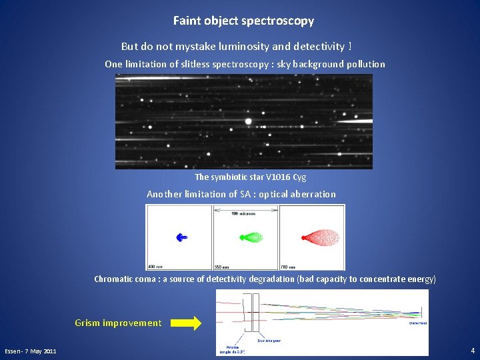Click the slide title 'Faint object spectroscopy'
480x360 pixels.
(243, 21)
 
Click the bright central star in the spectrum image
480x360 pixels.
(248, 121)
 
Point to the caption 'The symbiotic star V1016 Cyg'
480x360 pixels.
(250, 177)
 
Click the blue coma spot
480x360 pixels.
(181, 237)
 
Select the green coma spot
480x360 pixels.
(251, 237)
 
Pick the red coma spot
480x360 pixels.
(321, 237)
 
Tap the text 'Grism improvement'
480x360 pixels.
(118, 323)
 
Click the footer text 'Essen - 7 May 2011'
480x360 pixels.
(31, 351)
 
